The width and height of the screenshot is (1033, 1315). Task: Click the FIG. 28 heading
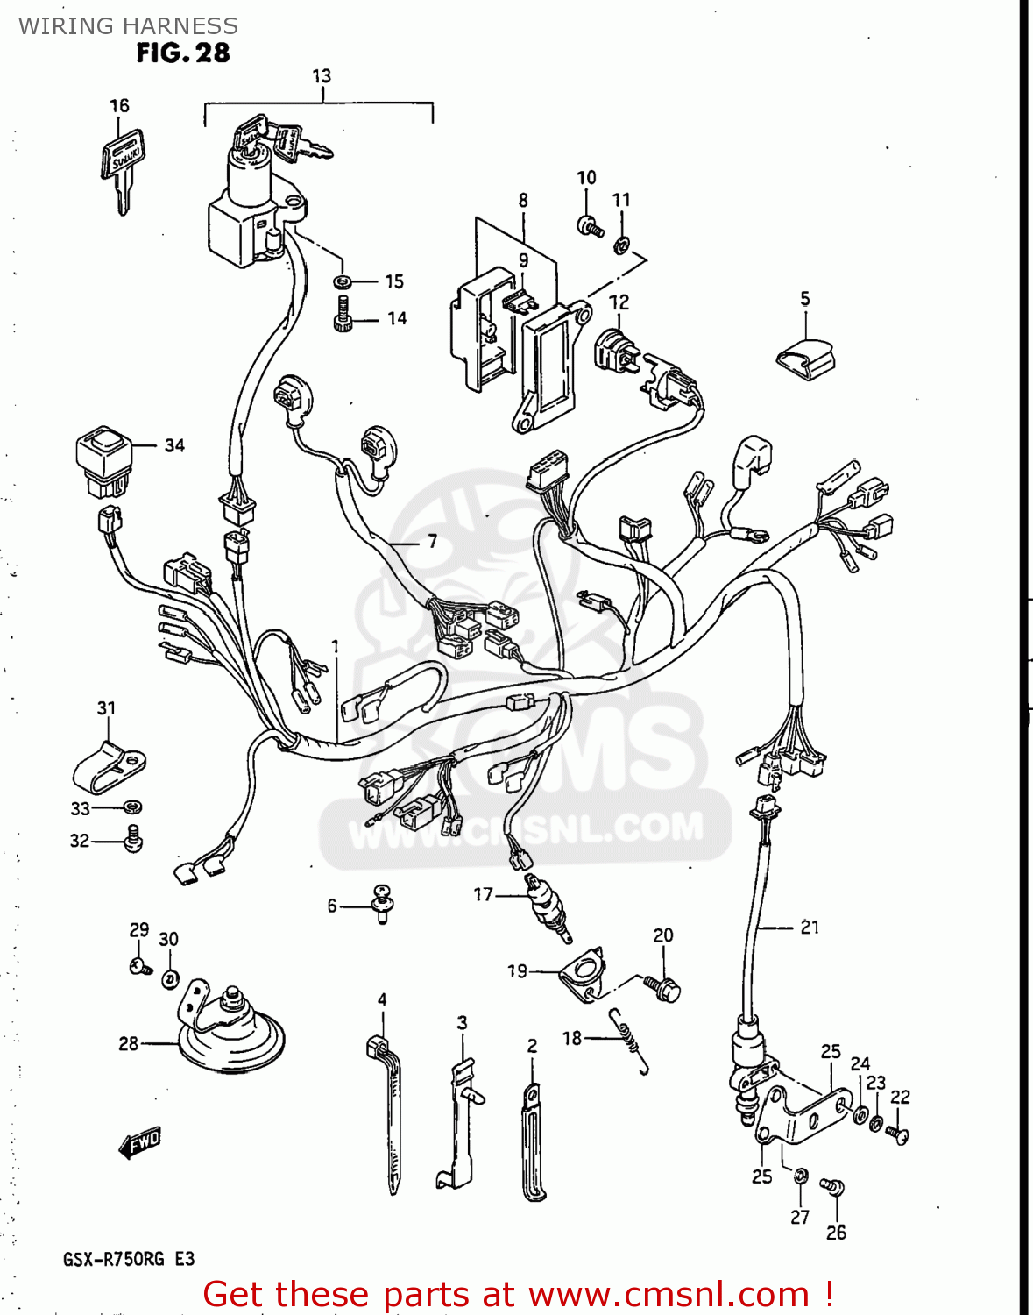coord(182,53)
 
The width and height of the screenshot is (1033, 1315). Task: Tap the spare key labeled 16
coord(124,168)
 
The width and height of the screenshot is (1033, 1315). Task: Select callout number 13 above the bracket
coord(322,76)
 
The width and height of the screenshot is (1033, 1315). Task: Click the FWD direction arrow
coord(139,1143)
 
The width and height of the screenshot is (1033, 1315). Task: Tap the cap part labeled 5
coord(807,358)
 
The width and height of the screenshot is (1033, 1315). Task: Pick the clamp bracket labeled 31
coord(107,765)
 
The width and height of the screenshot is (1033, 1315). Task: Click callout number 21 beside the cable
coord(810,927)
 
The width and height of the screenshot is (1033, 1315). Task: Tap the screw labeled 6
coord(383,902)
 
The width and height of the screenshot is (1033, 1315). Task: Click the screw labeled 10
coord(590,226)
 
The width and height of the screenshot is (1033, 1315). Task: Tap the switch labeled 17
coord(549,908)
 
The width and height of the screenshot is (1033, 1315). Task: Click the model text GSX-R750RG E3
coord(129,1260)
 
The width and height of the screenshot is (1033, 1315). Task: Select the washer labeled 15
coord(343,282)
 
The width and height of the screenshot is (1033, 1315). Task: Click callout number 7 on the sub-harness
coord(432,542)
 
